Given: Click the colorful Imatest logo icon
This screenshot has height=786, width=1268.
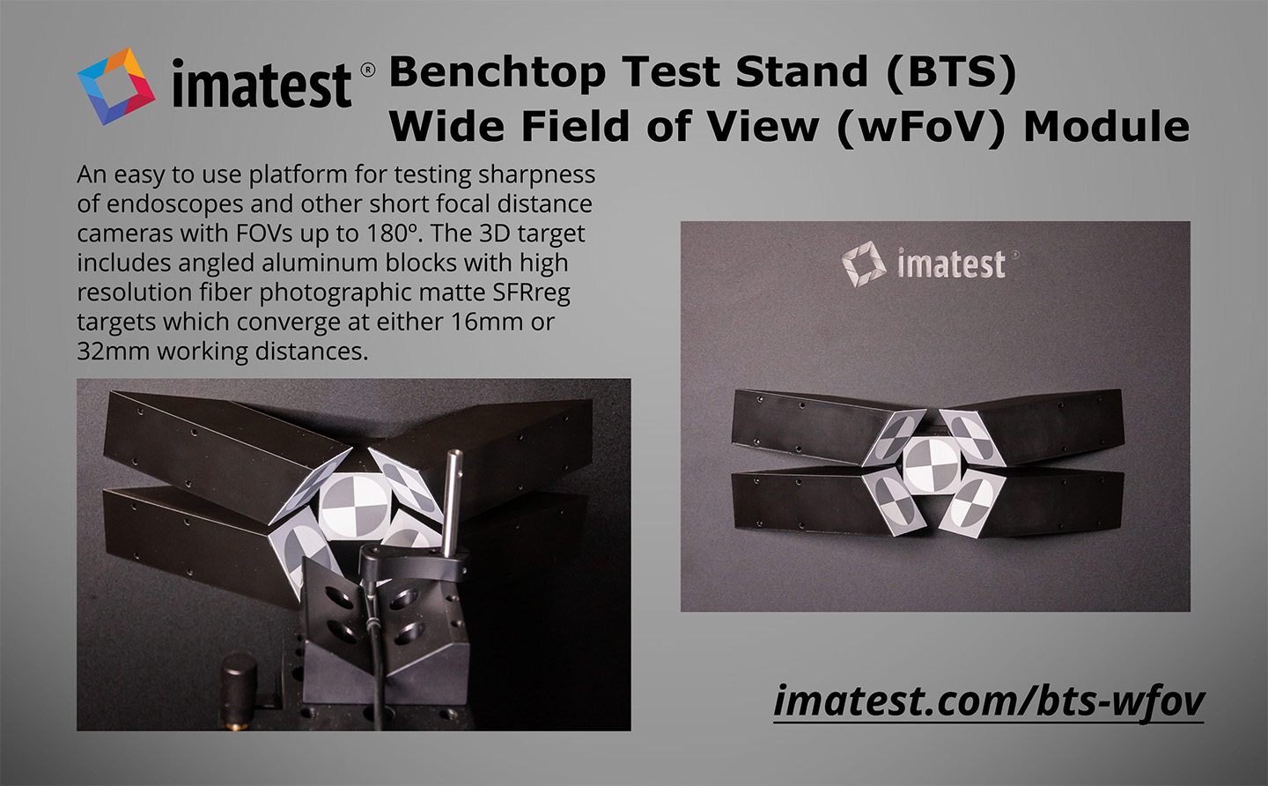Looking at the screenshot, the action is (116, 86).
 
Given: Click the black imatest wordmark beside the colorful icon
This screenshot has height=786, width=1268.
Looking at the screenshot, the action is (262, 84).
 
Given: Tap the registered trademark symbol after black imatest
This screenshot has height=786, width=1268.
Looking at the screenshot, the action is (367, 70).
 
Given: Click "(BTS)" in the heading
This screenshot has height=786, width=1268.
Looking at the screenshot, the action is (951, 72).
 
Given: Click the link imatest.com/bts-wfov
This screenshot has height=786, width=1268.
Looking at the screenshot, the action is (988, 701).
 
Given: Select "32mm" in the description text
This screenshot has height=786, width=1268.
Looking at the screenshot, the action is (113, 351).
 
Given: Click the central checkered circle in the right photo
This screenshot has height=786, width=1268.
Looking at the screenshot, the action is (932, 463).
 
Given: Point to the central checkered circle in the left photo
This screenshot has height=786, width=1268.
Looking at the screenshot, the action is (354, 505).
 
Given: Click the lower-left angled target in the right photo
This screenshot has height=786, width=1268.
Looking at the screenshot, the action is (894, 501).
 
